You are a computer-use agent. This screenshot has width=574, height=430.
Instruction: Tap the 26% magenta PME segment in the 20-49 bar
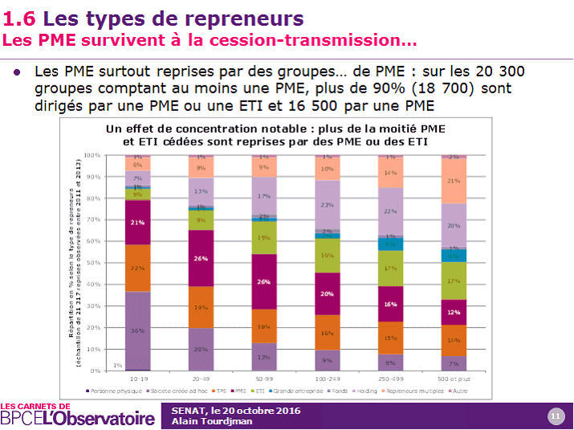202,258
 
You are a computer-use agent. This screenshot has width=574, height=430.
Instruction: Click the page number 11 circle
555,416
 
